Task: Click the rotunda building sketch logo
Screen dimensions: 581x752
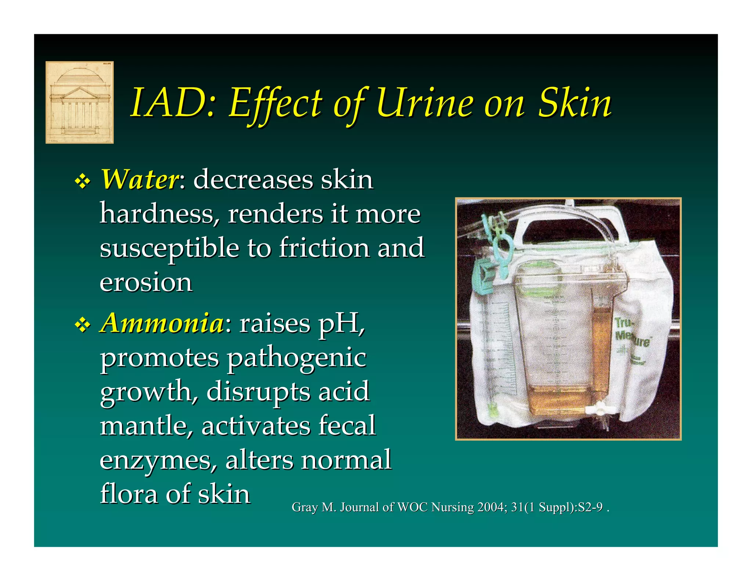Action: click(79, 102)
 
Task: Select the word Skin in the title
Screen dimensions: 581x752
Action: click(575, 103)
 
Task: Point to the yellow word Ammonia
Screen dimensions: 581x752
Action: click(162, 323)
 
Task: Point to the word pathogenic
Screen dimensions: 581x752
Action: click(296, 358)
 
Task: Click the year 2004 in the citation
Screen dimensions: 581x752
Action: click(491, 507)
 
